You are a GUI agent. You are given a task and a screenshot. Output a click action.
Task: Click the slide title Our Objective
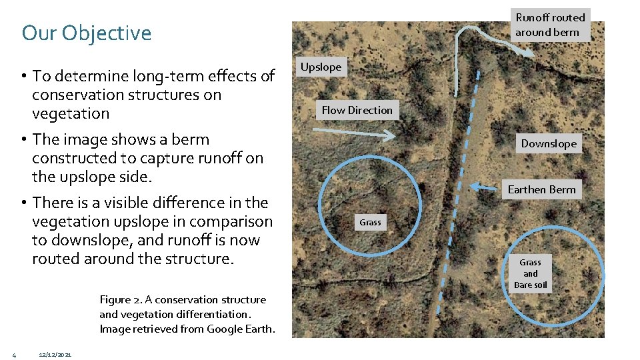pos(87,33)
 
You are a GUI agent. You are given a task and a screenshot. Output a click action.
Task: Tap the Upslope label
pos(321,67)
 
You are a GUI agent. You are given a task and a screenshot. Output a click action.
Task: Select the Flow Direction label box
pos(357,110)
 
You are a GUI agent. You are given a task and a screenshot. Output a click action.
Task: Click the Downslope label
pos(549,143)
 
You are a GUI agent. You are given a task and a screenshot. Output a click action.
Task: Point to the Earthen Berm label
pos(541,189)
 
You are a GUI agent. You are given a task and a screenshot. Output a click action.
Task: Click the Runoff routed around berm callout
pos(550,25)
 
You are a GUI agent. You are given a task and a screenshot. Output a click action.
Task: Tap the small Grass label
pos(370,223)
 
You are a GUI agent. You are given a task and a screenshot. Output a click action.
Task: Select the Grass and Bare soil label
pos(531,273)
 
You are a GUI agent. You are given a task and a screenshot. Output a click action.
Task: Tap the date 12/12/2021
pos(55,353)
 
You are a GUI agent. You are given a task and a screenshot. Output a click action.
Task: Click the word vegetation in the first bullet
pos(71,113)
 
